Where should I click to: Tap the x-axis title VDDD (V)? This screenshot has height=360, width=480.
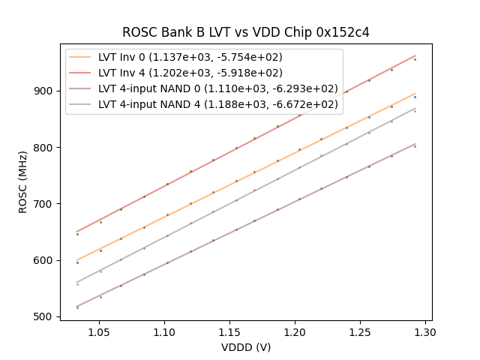pyautogui.click(x=246, y=347)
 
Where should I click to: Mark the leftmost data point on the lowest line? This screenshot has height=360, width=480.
pyautogui.click(x=77, y=307)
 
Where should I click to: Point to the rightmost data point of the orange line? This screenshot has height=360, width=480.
pyautogui.click(x=415, y=97)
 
